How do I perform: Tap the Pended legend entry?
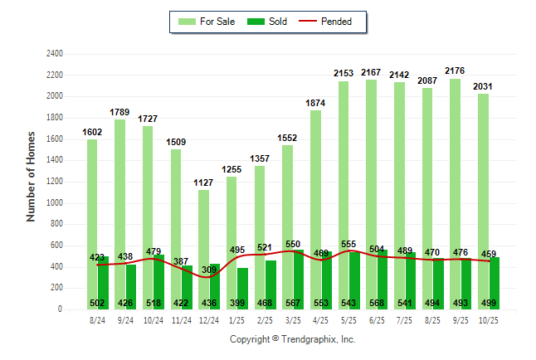pos(335,22)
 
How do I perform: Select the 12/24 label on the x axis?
pos(209,319)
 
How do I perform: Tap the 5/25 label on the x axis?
pos(349,319)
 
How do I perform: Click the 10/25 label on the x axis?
pos(489,319)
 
